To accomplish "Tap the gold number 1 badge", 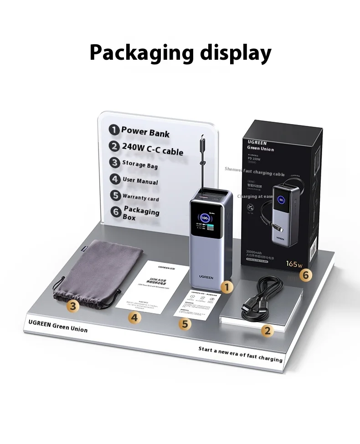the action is pyautogui.click(x=226, y=287).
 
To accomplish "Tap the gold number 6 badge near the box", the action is pyautogui.click(x=306, y=275).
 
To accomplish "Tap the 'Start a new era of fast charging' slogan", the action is pyautogui.click(x=240, y=354).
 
